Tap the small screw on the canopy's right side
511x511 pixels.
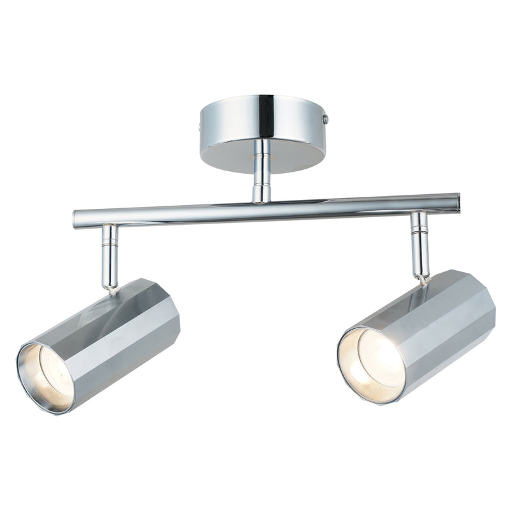click(x=325, y=119)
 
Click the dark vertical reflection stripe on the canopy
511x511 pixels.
click(x=266, y=118)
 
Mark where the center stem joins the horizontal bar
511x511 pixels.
click(x=261, y=199)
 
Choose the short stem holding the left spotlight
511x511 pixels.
click(x=110, y=256)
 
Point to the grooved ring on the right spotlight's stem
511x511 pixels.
click(x=420, y=229)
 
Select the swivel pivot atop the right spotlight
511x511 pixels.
click(x=422, y=277)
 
